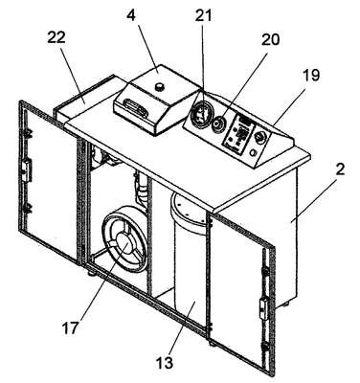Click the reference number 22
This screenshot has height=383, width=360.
click(56, 37)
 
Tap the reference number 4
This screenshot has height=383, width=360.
click(130, 15)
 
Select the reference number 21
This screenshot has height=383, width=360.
click(203, 15)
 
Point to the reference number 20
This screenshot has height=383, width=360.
click(270, 39)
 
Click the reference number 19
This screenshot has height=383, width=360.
click(311, 76)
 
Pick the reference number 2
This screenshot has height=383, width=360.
click(340, 169)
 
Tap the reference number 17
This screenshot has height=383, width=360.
click(70, 328)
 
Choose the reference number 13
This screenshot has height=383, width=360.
click(165, 363)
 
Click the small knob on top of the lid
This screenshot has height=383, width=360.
click(159, 86)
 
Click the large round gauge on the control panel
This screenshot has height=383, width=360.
click(201, 115)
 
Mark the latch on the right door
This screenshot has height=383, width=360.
click(263, 308)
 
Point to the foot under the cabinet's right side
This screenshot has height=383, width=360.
click(284, 304)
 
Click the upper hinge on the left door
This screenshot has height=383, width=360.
click(27, 134)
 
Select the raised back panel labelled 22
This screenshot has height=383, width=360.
click(86, 96)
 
